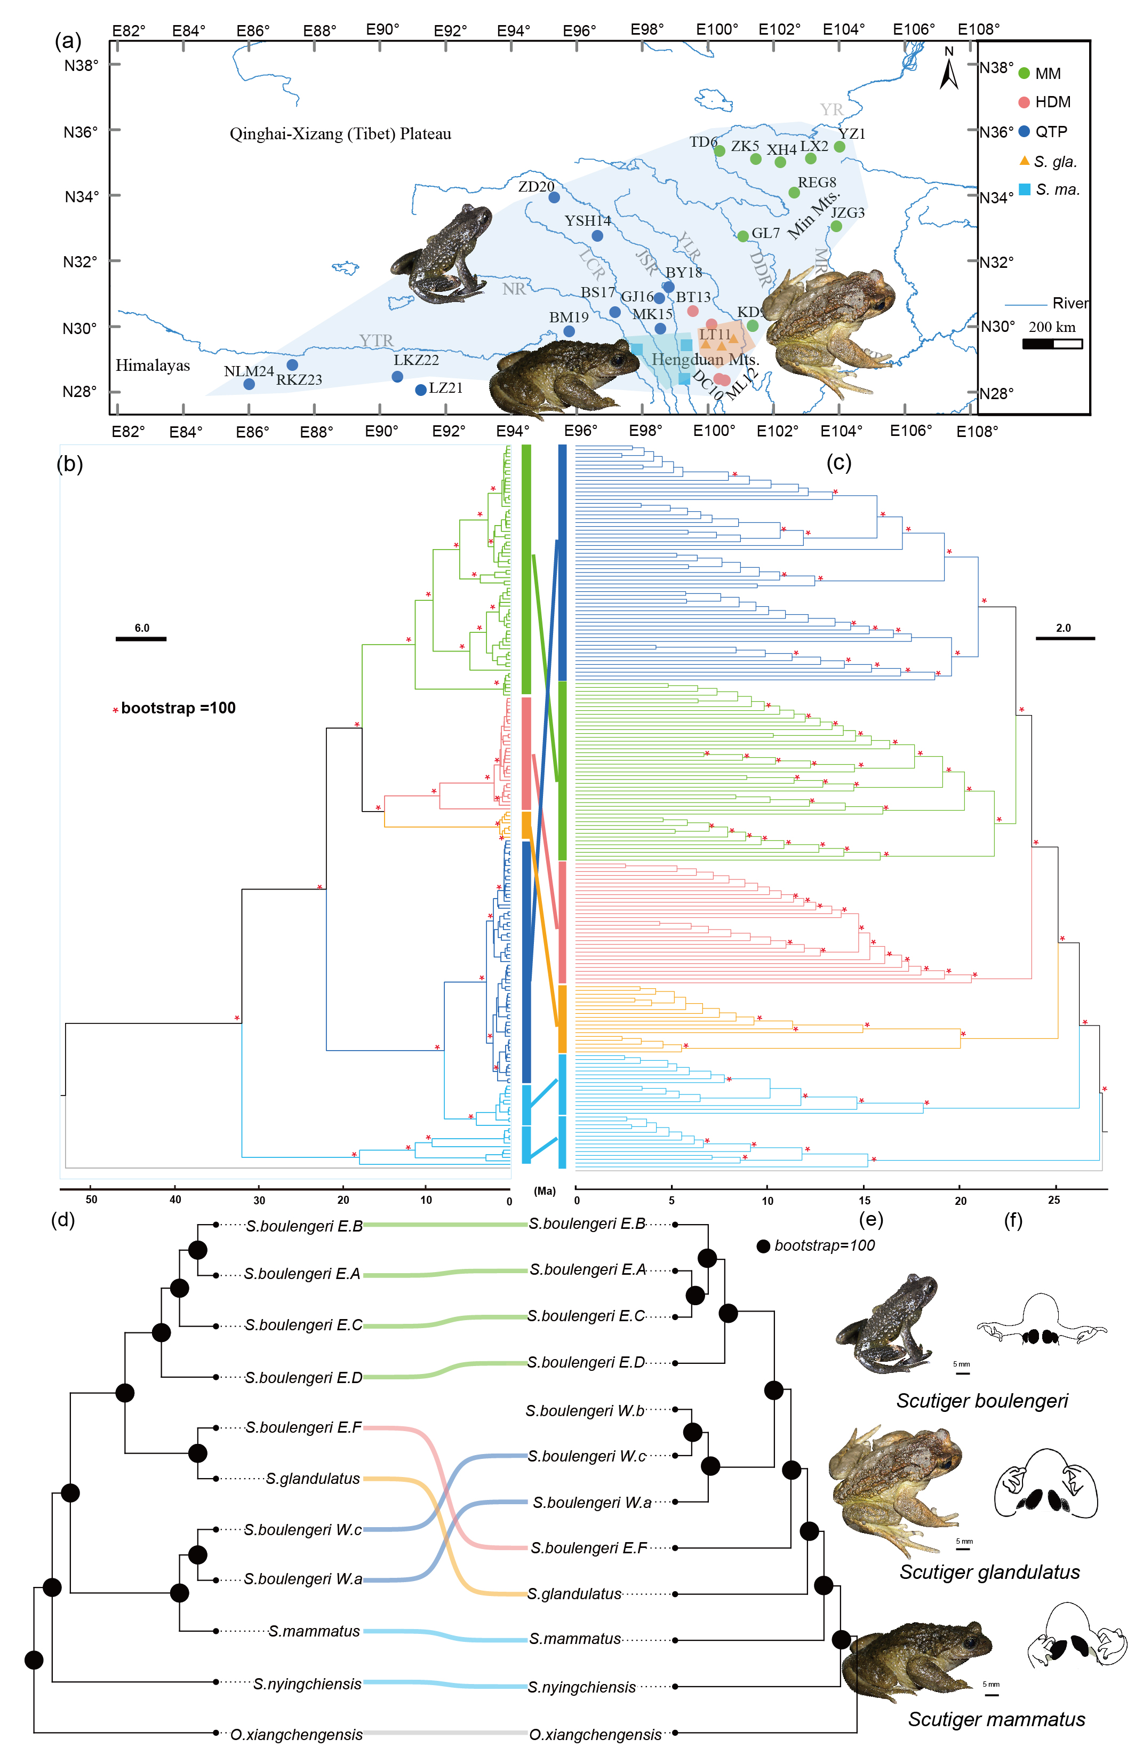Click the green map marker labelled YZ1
840,147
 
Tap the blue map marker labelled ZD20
554,197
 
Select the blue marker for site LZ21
421,390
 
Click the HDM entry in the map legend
1044,102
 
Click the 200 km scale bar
1052,344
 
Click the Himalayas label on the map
153,366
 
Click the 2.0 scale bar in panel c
1065,638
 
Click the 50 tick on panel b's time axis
91,1200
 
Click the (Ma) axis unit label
545,1191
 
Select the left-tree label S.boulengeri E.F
303,1427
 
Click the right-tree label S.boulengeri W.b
585,1411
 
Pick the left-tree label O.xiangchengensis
296,1734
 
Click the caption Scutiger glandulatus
989,1572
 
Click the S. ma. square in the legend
1025,189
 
